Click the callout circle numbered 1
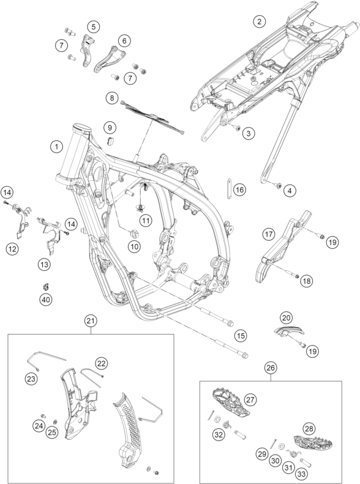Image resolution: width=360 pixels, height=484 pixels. [56, 146]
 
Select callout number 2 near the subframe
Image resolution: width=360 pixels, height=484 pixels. [259, 21]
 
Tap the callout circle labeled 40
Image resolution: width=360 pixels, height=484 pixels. [46, 299]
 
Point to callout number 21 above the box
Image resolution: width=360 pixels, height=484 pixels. [91, 321]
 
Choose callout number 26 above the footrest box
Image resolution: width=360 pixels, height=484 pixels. [271, 368]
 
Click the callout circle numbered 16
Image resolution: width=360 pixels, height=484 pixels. [239, 189]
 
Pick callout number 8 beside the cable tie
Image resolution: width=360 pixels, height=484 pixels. [111, 98]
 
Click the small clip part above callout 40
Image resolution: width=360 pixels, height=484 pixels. [46, 287]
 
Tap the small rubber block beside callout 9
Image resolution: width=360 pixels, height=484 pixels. [110, 140]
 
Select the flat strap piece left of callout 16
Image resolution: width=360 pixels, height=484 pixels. [230, 189]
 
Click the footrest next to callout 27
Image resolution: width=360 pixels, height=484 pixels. [230, 399]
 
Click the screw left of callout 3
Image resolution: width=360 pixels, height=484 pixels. [237, 127]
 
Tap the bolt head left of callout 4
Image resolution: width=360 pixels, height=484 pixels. [277, 185]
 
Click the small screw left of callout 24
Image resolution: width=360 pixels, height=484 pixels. [43, 416]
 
